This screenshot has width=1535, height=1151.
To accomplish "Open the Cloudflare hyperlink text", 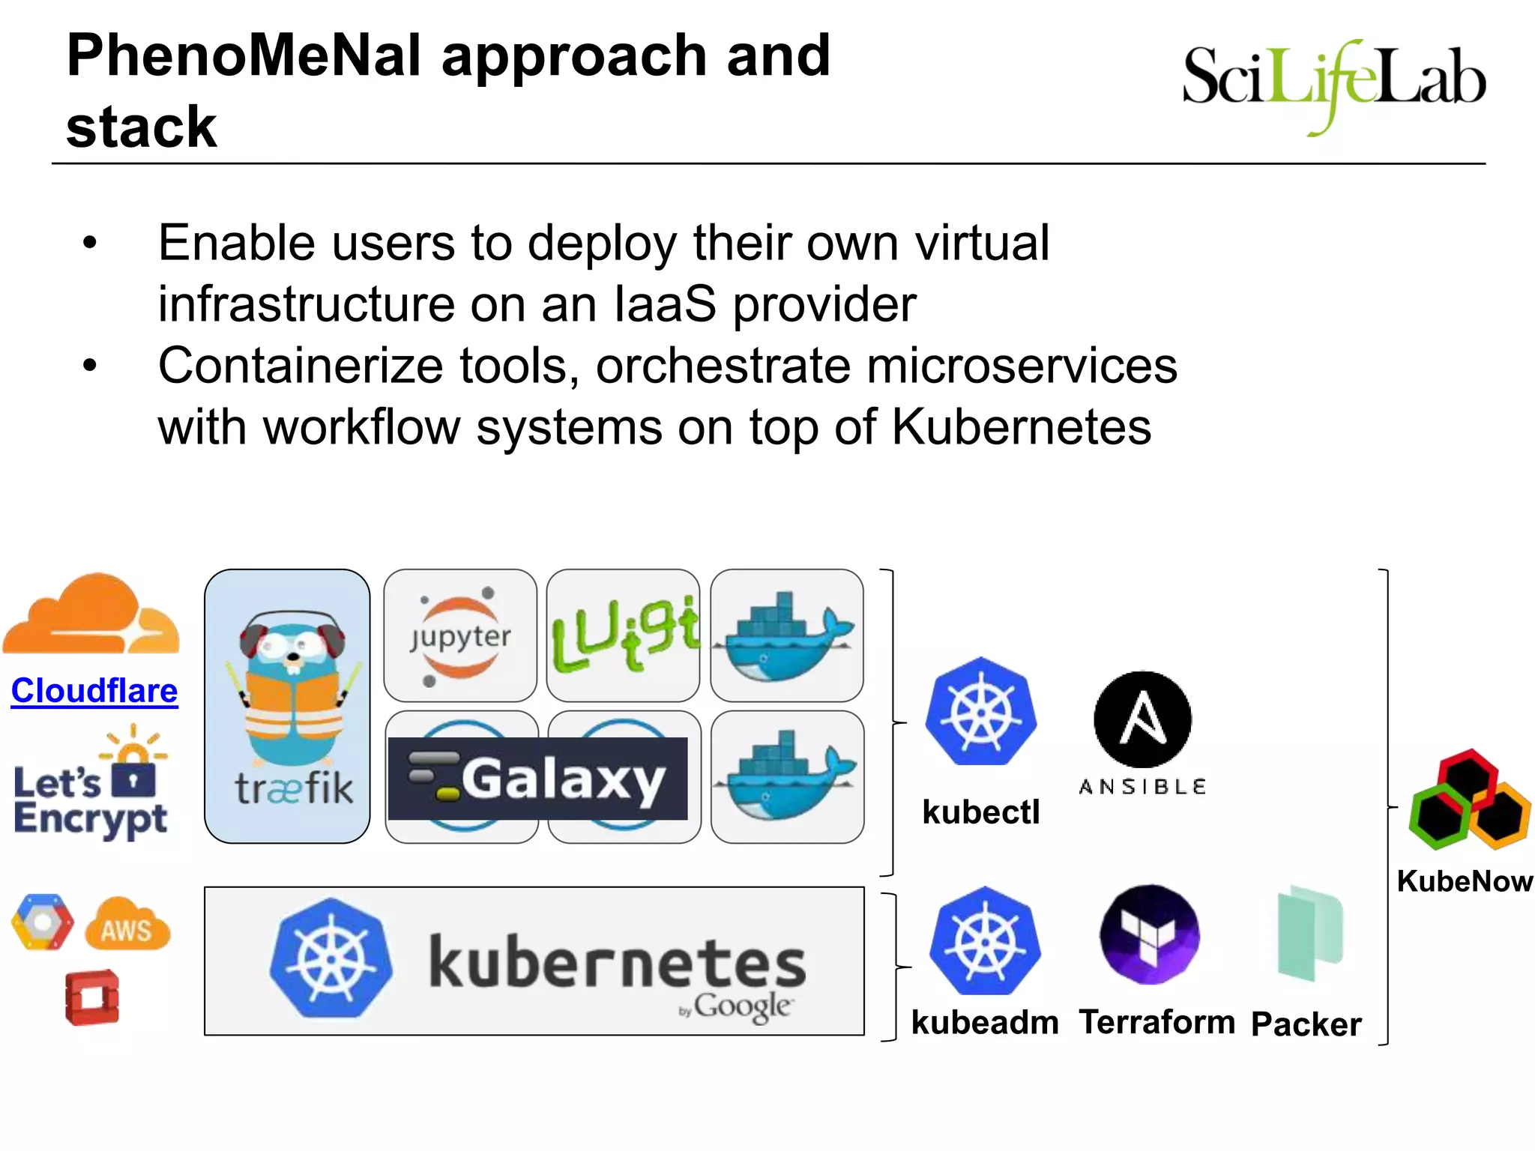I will (94, 690).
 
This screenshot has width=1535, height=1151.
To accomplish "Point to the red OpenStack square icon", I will (91, 998).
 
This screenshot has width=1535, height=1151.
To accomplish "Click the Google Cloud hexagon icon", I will (42, 922).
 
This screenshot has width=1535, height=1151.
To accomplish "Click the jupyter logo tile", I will (460, 635).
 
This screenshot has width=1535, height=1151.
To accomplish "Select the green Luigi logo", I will (624, 635).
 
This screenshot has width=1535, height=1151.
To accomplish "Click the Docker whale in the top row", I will (785, 635).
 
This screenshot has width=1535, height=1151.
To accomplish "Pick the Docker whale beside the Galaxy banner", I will (785, 777).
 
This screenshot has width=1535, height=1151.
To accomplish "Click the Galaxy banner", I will (537, 779).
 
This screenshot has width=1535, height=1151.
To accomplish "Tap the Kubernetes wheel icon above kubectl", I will (980, 712).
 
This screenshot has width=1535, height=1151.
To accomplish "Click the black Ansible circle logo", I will (1142, 719).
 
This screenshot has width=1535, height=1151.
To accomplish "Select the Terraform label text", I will (1156, 1022).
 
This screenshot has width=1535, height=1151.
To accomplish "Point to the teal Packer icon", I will (1309, 933).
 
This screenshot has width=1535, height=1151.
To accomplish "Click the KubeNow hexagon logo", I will (1468, 800).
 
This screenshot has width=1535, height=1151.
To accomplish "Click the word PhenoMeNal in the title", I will (244, 56).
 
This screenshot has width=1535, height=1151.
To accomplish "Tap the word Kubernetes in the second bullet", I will (1021, 427).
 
